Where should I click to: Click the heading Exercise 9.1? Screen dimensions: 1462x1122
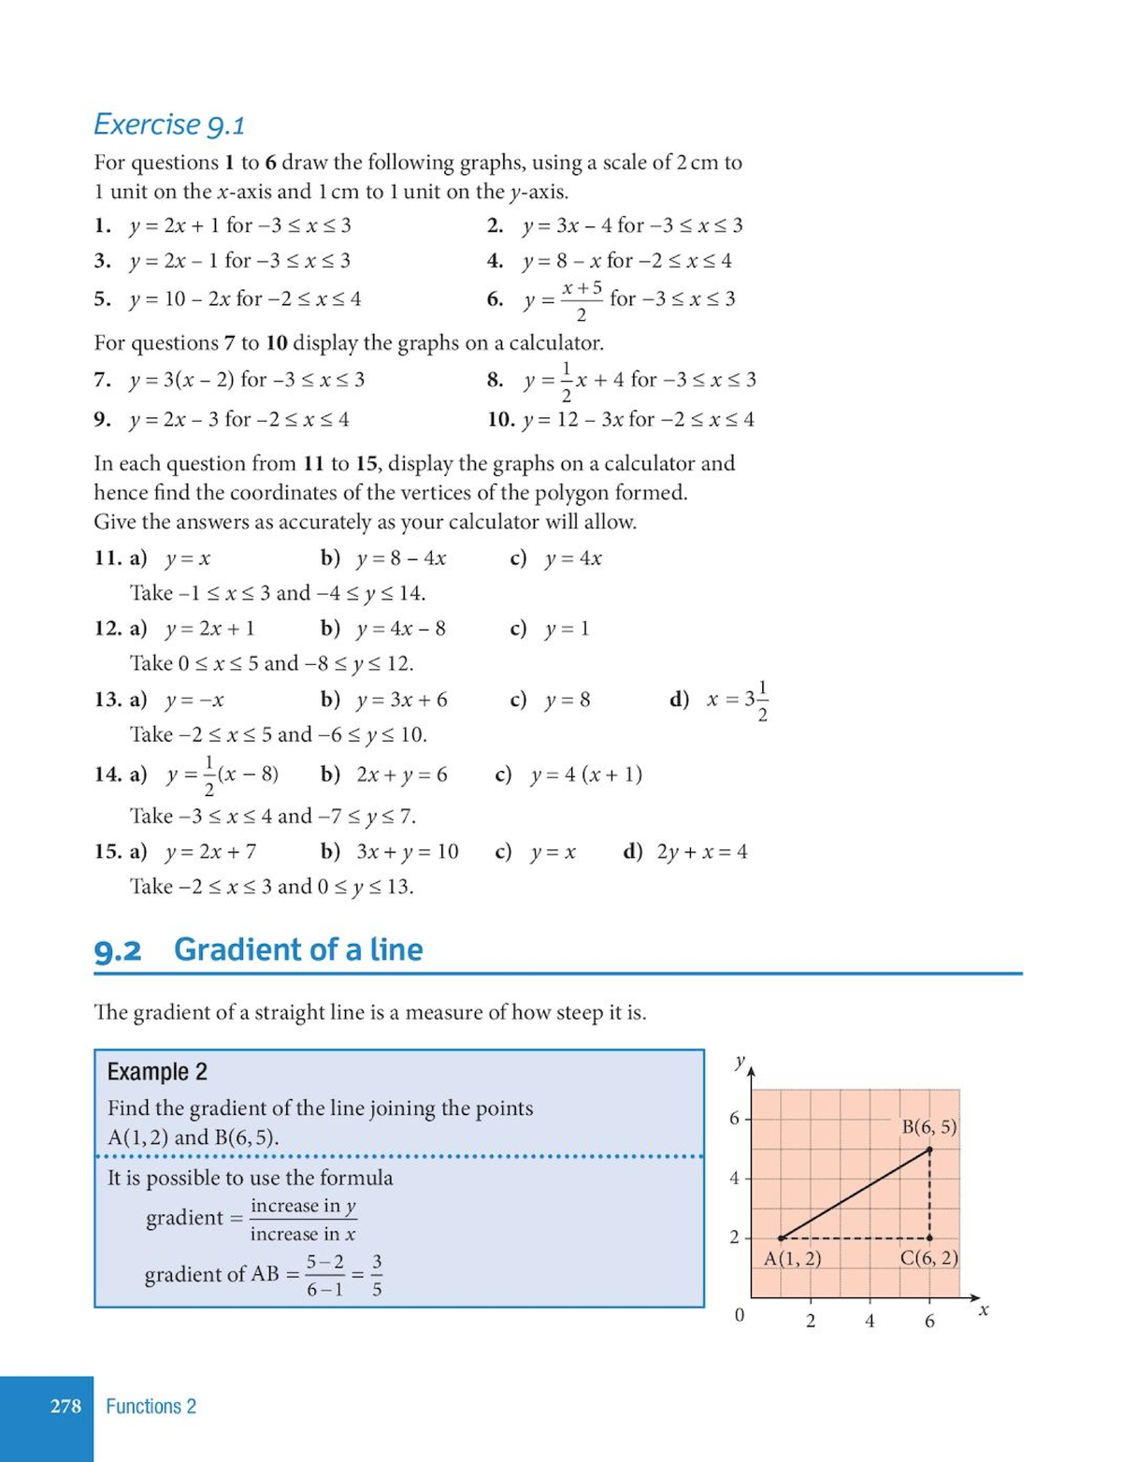(x=169, y=124)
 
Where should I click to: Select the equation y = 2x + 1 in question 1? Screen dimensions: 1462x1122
(x=176, y=225)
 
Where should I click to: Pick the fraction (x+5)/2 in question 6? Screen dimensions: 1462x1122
(x=582, y=300)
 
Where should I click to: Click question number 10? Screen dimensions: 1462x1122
(x=501, y=419)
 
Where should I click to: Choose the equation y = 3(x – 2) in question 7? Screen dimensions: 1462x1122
(x=182, y=380)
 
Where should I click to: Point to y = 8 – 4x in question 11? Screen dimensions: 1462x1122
(x=401, y=558)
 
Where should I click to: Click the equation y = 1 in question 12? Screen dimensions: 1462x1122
(x=567, y=629)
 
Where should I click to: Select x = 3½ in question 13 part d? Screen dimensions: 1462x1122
(x=738, y=701)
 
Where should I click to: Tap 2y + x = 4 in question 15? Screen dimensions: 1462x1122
(x=702, y=852)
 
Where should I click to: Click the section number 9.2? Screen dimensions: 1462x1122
(x=118, y=951)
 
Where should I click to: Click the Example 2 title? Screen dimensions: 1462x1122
(x=157, y=1072)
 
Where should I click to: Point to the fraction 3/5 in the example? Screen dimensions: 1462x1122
(x=376, y=1275)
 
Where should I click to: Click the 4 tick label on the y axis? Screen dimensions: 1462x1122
(x=734, y=1179)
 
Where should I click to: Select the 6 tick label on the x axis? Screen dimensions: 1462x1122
(x=929, y=1321)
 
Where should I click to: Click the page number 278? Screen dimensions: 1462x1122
(x=65, y=1406)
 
